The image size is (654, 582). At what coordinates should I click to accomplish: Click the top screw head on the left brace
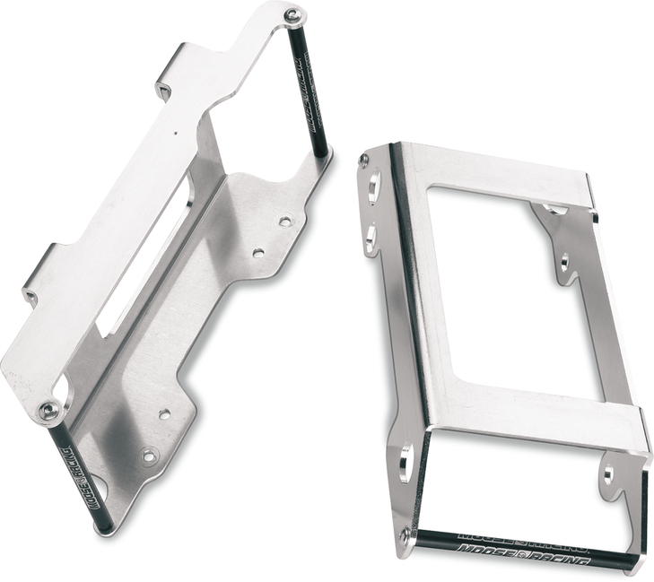point(292,15)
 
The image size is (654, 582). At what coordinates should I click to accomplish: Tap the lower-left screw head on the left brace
point(49,411)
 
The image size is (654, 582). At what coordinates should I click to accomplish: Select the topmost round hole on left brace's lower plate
point(285,220)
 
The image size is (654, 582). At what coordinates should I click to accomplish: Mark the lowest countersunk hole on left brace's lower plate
point(149,456)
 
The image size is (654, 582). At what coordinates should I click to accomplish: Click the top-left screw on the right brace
point(363,161)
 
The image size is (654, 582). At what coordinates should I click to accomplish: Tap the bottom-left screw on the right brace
point(405,535)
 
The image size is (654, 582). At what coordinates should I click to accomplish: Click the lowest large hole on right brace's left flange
point(404,463)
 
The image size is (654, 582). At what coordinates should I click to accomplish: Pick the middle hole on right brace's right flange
point(564,263)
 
